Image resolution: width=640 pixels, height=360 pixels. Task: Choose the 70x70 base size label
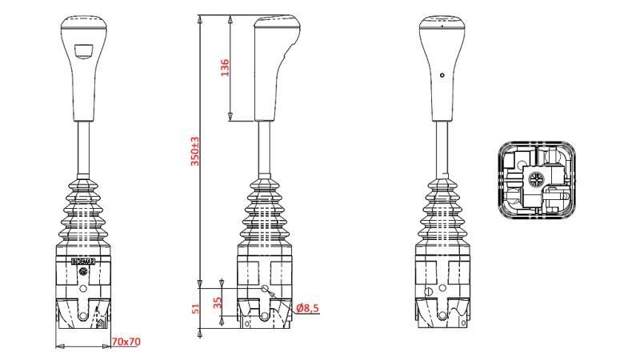point(126,342)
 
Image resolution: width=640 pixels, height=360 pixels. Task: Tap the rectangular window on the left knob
point(83,50)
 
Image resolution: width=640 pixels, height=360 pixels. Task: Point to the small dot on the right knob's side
point(442,75)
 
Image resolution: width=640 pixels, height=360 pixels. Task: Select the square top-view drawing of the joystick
point(536,181)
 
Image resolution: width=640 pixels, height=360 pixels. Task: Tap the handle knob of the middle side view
point(270,68)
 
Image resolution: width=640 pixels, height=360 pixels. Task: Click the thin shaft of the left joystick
point(83,148)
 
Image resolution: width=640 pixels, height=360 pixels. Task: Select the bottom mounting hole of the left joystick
point(82,317)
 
